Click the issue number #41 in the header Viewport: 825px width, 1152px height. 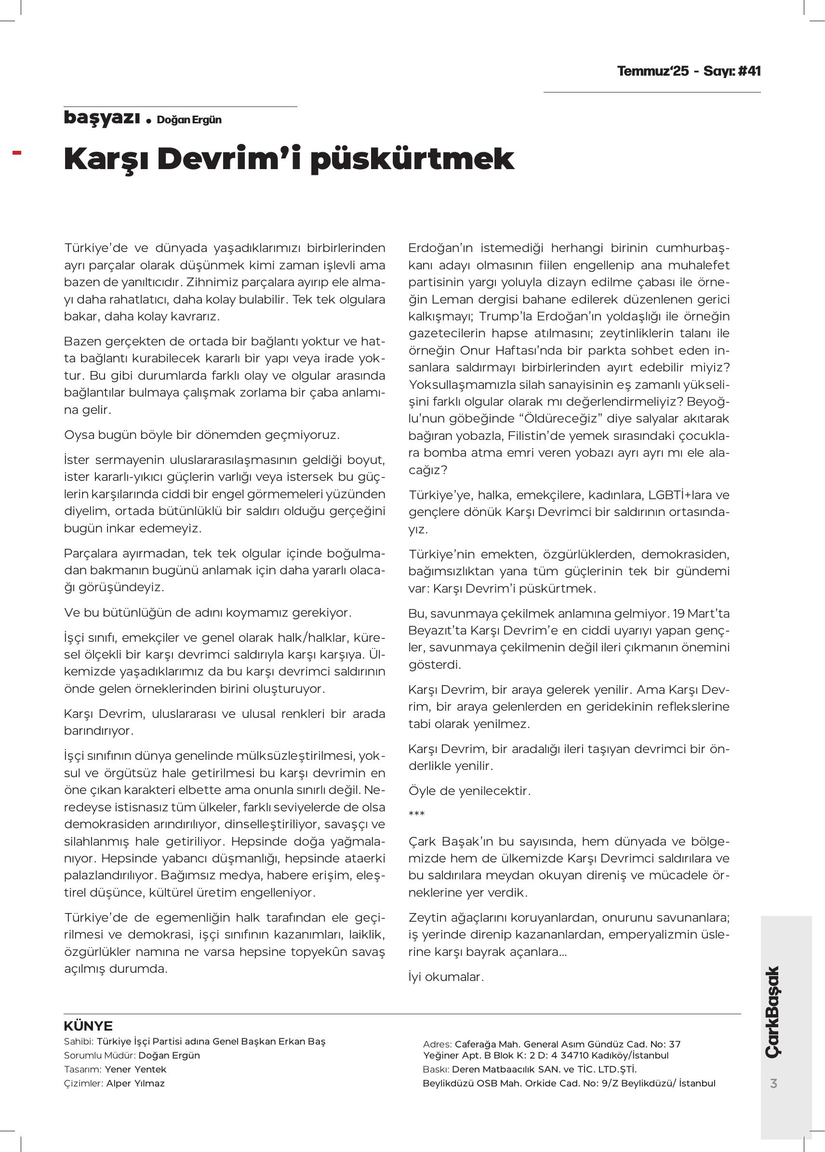click(x=749, y=71)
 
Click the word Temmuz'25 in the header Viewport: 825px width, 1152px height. click(x=653, y=71)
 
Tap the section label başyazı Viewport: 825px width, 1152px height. click(x=102, y=118)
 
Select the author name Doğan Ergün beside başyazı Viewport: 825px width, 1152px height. click(x=189, y=120)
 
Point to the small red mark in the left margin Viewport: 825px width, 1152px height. click(x=17, y=152)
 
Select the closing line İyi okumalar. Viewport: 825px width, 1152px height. click(x=446, y=977)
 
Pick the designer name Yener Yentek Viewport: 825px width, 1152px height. click(x=135, y=1069)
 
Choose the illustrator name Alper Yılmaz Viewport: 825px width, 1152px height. click(x=135, y=1083)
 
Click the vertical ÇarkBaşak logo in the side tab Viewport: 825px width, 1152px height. click(x=772, y=1013)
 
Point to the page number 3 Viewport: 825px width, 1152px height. click(x=774, y=1084)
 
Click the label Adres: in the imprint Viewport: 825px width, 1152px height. click(x=437, y=1045)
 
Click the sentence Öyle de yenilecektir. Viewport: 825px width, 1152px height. click(x=469, y=791)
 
